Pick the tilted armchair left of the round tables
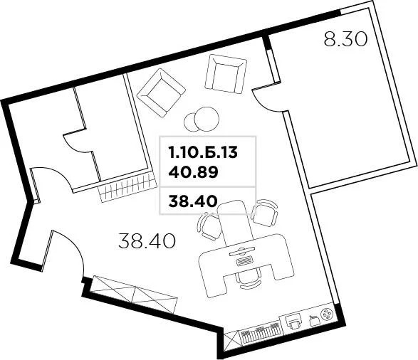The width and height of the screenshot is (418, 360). (161, 92)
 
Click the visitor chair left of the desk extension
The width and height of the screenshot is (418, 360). (209, 226)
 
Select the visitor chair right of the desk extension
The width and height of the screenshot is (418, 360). (266, 212)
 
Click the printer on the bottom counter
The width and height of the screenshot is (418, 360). (292, 322)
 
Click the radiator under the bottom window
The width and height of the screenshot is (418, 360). (256, 335)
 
